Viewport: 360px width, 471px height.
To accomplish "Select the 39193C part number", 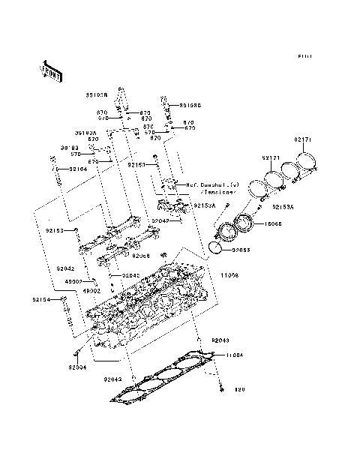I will point(189,105).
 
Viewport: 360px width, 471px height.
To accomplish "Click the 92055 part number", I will point(240,250).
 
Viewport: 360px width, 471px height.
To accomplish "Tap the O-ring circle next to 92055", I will point(215,247).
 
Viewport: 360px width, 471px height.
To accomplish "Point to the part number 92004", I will point(78,367).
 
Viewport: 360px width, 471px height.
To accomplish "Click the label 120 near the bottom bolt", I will point(239,390).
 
